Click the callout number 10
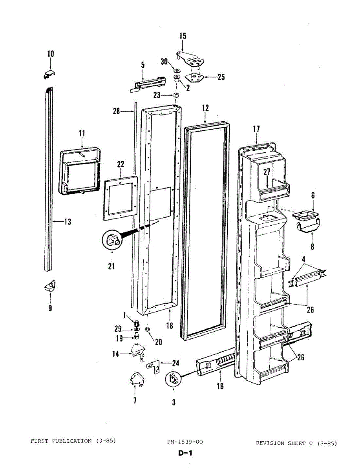tap(51, 54)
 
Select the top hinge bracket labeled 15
tap(193, 59)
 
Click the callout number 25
tap(221, 77)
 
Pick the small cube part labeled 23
tap(176, 95)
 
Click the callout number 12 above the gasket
tap(205, 108)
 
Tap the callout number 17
tap(256, 128)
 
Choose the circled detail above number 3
tap(173, 379)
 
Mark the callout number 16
tap(220, 386)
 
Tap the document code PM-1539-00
tap(185, 442)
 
